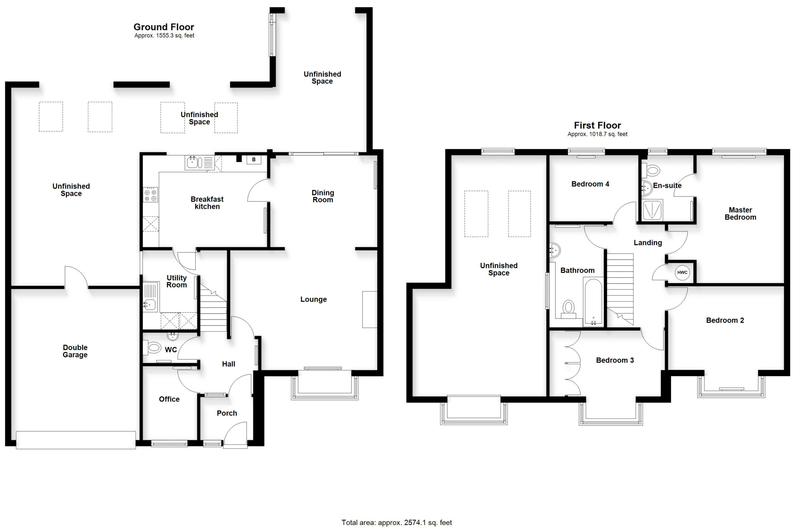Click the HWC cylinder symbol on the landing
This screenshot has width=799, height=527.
tap(682, 273)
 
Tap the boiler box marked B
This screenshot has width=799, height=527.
tap(254, 160)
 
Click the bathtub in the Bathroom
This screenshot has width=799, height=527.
tap(593, 302)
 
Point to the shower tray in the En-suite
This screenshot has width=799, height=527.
tap(652, 210)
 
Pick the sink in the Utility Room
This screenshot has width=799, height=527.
tap(150, 297)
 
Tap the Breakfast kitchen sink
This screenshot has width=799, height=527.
tap(199, 162)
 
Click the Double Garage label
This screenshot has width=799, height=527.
tap(75, 351)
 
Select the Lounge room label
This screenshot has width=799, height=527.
tap(313, 299)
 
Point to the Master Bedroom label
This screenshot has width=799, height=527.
tap(740, 214)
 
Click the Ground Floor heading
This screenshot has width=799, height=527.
tap(164, 27)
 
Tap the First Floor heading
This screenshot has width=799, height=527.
tap(597, 126)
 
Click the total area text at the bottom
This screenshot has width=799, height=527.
tap(397, 522)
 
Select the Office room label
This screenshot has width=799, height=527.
tap(169, 399)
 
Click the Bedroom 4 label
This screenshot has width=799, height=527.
tap(590, 184)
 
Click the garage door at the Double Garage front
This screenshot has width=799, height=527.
tap(76, 440)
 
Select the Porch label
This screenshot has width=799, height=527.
tap(227, 413)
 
